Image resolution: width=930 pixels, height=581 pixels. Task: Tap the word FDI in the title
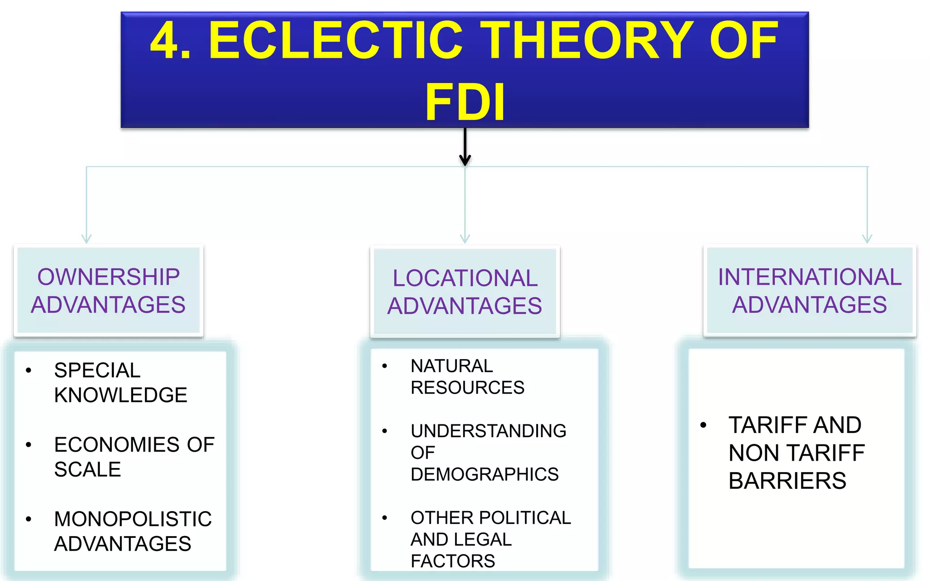(465, 103)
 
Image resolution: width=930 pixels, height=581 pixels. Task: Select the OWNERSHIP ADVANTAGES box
(109, 291)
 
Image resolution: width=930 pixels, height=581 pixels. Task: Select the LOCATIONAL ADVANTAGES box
(465, 292)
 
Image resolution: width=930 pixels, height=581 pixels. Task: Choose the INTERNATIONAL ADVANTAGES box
(810, 291)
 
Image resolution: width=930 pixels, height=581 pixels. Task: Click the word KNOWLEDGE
(120, 395)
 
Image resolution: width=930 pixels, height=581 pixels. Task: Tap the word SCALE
(88, 469)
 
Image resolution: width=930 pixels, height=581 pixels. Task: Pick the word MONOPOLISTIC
(133, 519)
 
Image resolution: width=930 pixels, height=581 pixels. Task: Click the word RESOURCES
(467, 388)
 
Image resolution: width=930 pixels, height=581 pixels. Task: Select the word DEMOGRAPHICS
(485, 474)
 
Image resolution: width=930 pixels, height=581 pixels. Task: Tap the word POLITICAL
(525, 518)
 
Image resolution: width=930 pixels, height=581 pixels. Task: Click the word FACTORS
(453, 561)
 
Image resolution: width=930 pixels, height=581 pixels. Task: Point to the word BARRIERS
(787, 481)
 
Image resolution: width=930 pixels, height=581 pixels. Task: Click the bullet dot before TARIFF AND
(703, 425)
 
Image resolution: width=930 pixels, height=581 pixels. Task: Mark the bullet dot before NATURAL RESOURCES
(385, 366)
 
